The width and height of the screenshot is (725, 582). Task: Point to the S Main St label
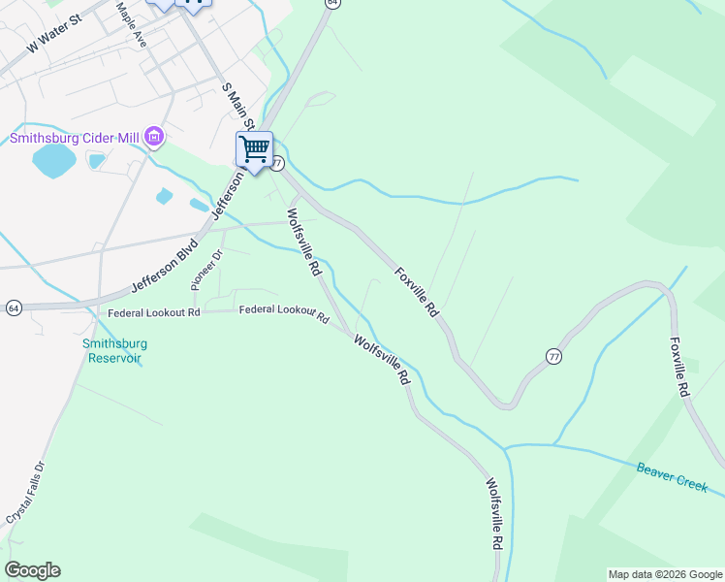tap(238, 105)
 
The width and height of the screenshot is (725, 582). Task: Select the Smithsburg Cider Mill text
tap(75, 138)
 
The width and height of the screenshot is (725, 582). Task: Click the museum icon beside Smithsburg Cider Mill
tap(153, 139)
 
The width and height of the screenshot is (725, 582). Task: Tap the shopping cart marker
tap(254, 149)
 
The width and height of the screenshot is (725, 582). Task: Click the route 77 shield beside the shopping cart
tap(277, 164)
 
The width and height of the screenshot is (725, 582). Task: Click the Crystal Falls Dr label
tap(25, 493)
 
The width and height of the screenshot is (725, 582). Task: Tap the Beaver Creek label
tap(672, 476)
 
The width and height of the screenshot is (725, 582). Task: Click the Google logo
tap(32, 570)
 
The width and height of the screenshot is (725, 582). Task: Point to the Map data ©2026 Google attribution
tap(665, 574)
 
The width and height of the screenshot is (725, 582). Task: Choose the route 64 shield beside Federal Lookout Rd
tap(13, 307)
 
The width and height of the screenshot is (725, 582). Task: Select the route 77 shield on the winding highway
tap(552, 356)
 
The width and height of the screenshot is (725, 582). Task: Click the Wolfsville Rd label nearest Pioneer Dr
tap(302, 242)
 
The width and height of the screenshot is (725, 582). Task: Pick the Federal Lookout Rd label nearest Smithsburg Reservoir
tap(153, 312)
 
